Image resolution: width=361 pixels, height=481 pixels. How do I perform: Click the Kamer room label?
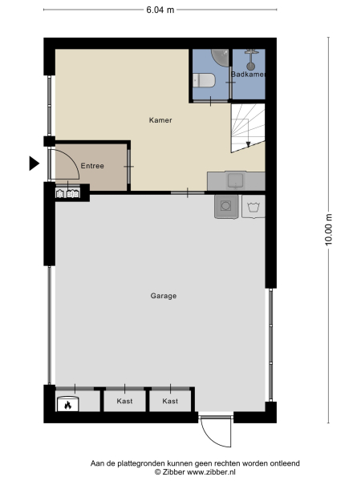pyautogui.click(x=160, y=120)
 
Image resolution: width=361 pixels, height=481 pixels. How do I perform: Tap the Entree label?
pyautogui.click(x=91, y=166)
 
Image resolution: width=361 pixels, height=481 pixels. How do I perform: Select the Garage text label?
pyautogui.click(x=163, y=296)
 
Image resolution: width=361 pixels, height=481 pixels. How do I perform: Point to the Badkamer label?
pyautogui.click(x=248, y=75)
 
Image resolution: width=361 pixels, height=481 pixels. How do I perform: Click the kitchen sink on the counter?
pyautogui.click(x=237, y=180)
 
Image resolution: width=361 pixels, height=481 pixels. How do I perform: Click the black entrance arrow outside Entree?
pyautogui.click(x=34, y=164)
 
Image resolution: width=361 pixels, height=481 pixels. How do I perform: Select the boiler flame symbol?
pyautogui.click(x=68, y=405)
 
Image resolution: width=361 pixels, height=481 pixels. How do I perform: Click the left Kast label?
pyautogui.click(x=124, y=401)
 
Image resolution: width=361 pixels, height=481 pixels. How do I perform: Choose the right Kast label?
pyautogui.click(x=169, y=401)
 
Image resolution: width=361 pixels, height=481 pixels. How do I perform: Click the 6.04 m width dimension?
pyautogui.click(x=160, y=10)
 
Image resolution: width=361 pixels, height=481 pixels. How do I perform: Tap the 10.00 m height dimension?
pyautogui.click(x=329, y=228)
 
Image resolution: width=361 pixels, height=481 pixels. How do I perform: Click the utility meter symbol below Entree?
pyautogui.click(x=67, y=193)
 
